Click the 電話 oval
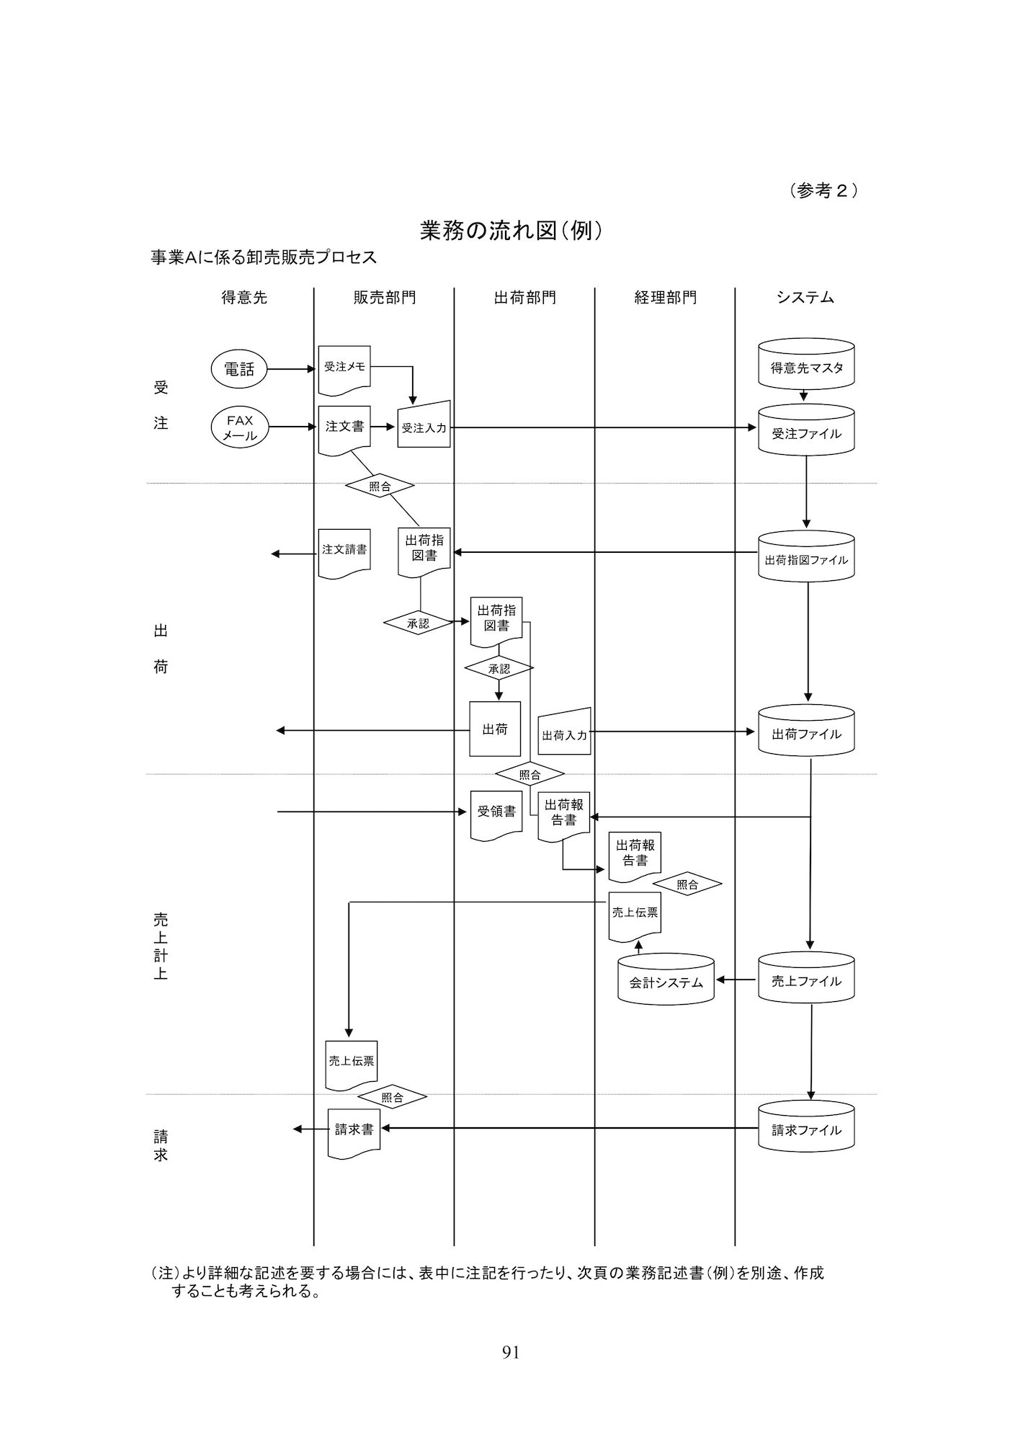click(x=239, y=370)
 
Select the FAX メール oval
click(x=239, y=427)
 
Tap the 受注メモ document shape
click(x=344, y=368)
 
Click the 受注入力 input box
click(x=424, y=426)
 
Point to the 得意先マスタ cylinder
click(x=806, y=367)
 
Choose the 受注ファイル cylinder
click(x=806, y=432)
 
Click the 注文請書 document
click(x=344, y=551)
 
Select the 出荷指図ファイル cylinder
click(x=806, y=558)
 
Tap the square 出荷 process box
click(x=495, y=729)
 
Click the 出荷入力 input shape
click(x=565, y=734)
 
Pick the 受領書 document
click(x=496, y=812)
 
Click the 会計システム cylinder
click(x=666, y=981)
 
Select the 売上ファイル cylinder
click(x=806, y=980)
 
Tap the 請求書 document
click(x=354, y=1131)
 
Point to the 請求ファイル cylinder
click(x=806, y=1129)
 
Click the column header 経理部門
click(x=665, y=298)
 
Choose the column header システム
click(x=805, y=298)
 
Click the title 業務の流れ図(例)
click(x=511, y=230)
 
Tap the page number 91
click(x=511, y=1353)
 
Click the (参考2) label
click(x=823, y=190)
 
